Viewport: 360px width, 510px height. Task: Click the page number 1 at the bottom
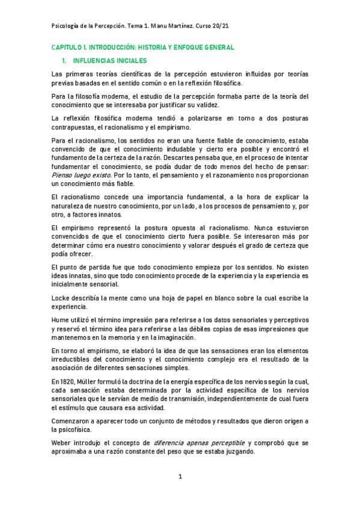(180, 477)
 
